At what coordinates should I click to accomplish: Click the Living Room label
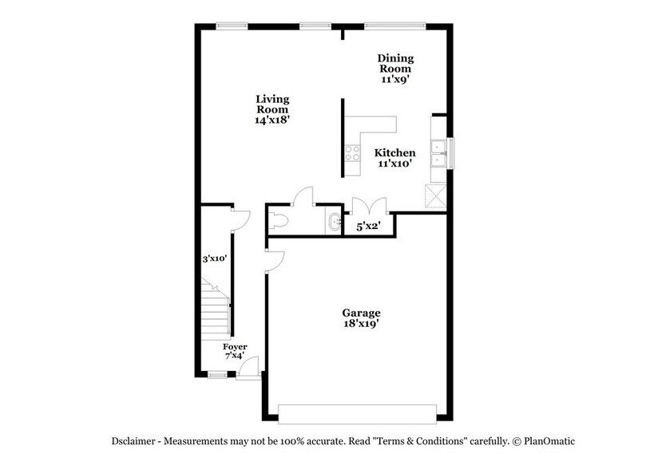271,108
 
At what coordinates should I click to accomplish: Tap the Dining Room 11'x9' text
395,68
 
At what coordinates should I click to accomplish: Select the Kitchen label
394,158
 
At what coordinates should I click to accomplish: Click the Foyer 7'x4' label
235,352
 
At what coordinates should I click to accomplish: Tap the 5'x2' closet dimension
367,227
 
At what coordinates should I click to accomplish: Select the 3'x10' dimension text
215,258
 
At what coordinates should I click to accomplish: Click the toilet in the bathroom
277,221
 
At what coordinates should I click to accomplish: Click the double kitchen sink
438,152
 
